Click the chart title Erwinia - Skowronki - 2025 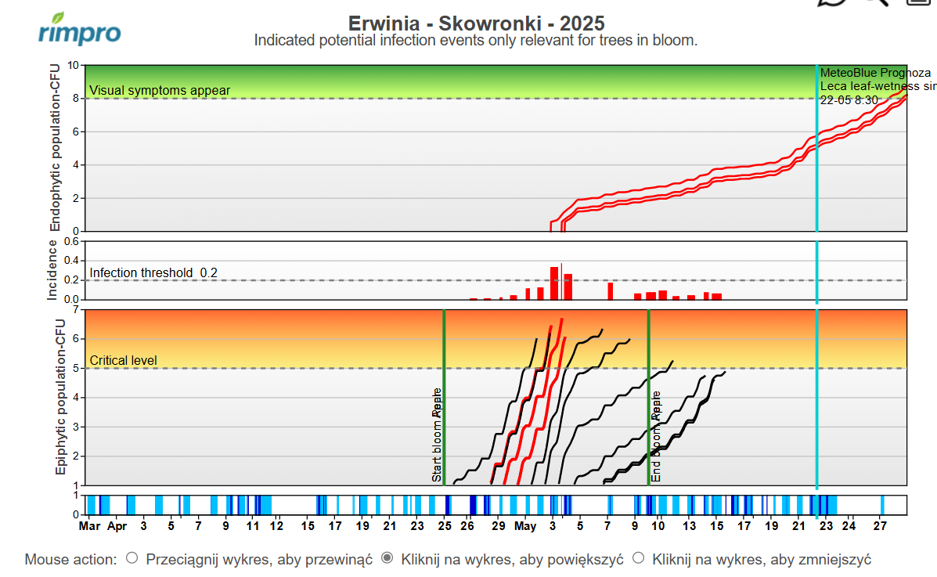(476, 23)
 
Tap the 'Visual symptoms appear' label (160, 90)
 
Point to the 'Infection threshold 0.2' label (153, 272)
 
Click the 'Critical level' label (124, 360)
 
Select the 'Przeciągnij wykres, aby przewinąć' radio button (132, 558)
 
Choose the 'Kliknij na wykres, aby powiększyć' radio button (386, 558)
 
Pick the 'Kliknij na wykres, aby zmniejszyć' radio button (638, 558)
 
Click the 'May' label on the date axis (525, 526)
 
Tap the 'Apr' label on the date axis (117, 526)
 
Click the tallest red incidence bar (554, 283)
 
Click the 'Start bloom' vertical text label (437, 435)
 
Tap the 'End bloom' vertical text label (656, 436)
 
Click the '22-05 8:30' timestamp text (849, 100)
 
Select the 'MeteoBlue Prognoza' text (863, 73)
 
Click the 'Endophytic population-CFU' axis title (56, 148)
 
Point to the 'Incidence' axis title (52, 270)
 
